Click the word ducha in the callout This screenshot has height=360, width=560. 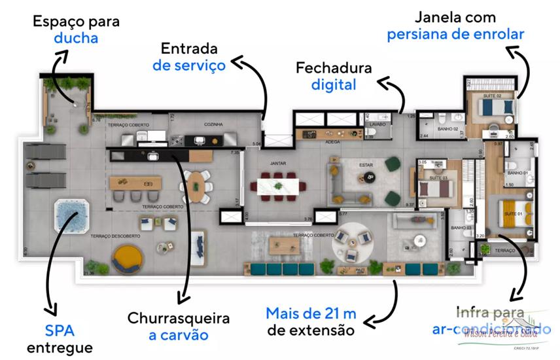76,38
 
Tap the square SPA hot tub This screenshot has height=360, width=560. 71,216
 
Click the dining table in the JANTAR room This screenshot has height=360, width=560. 282,187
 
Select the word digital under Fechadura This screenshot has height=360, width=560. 334,84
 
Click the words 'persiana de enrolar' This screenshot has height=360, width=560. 455,34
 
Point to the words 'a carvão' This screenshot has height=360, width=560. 178,335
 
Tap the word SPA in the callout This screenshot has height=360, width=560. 60,329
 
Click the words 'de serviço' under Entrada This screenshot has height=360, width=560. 189,65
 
